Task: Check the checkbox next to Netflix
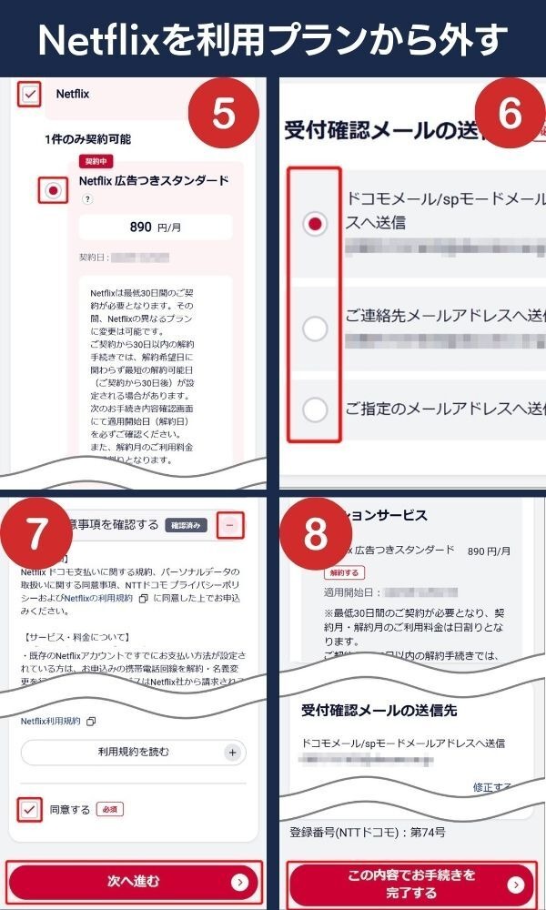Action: coord(30,95)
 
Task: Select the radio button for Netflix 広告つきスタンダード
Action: coord(53,190)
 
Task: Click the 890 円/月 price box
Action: coord(155,227)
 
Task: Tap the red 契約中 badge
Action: coord(93,161)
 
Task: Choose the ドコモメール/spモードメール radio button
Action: coord(315,224)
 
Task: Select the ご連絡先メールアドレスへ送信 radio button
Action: coord(315,329)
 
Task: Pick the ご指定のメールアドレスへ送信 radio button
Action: coord(315,409)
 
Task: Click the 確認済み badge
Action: coord(188,524)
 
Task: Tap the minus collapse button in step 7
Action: coord(231,524)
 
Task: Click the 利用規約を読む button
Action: coord(133,753)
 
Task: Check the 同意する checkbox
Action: coord(30,808)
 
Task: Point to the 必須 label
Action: coord(109,808)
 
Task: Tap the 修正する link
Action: coord(491,786)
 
